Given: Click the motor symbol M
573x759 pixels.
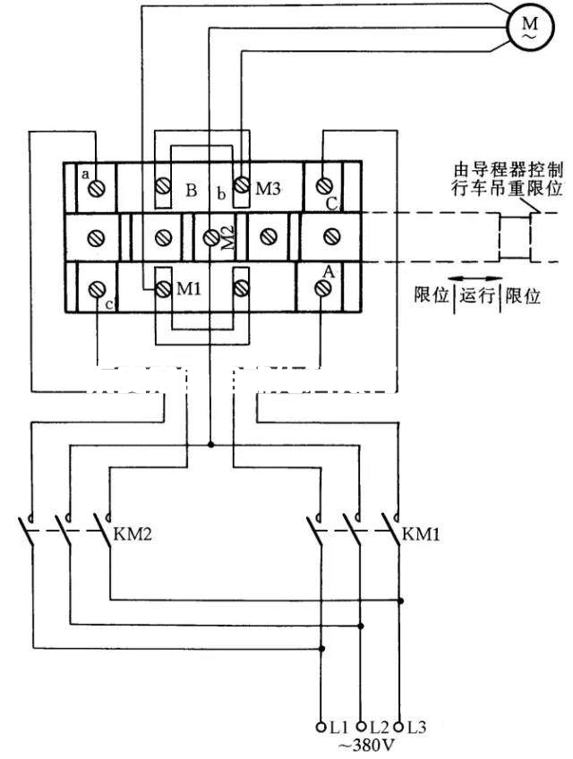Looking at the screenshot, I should [x=524, y=28].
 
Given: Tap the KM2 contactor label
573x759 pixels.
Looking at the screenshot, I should [x=133, y=535].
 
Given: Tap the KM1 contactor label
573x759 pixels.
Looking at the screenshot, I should [x=420, y=535].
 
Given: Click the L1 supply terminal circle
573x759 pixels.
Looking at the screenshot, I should [x=321, y=726].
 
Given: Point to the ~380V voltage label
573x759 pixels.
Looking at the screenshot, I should [x=362, y=744].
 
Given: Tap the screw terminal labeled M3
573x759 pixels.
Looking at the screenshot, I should [x=241, y=185].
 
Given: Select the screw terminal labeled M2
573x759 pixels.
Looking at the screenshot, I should [x=211, y=237].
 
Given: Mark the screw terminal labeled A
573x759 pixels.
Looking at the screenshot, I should [x=323, y=289].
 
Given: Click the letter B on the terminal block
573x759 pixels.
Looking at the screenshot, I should [x=191, y=191].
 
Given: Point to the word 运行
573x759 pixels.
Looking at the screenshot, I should [x=478, y=296].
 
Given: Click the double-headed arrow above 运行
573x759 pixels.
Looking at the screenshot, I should [x=475, y=277].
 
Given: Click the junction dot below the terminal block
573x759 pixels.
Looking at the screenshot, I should [x=211, y=444].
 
